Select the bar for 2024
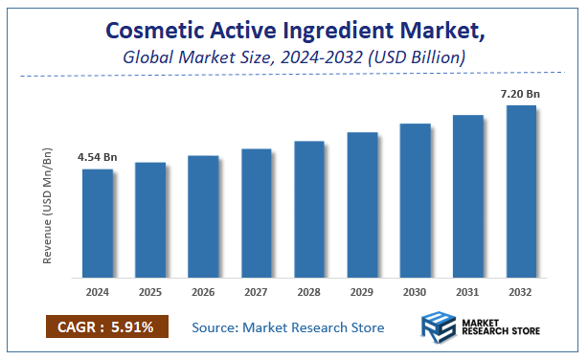97,222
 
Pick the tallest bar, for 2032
521,191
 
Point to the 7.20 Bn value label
520,93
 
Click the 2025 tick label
150,290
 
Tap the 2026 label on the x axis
203,290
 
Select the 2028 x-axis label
309,290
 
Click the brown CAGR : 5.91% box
106,327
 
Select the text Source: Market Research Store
288,327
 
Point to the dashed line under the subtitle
287,75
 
